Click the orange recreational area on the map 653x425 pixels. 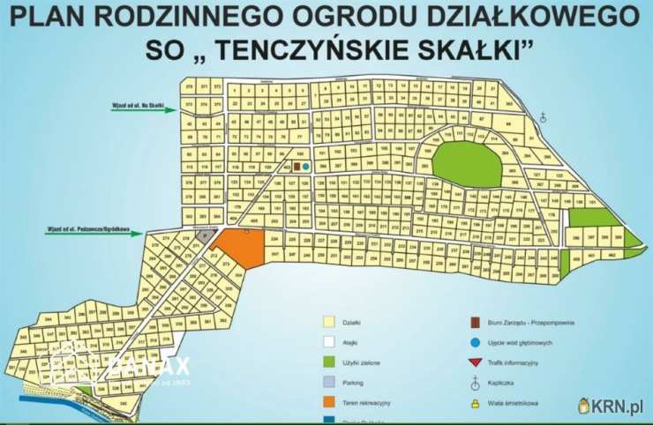[240, 246]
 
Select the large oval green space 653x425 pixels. [466, 163]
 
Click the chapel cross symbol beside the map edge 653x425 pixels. [544, 116]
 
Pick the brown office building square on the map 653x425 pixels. [296, 165]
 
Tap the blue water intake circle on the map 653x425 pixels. [305, 166]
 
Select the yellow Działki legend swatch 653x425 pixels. [329, 322]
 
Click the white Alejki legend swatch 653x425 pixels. [329, 342]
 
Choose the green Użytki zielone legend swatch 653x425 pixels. [329, 362]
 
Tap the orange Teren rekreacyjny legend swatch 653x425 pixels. [329, 403]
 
